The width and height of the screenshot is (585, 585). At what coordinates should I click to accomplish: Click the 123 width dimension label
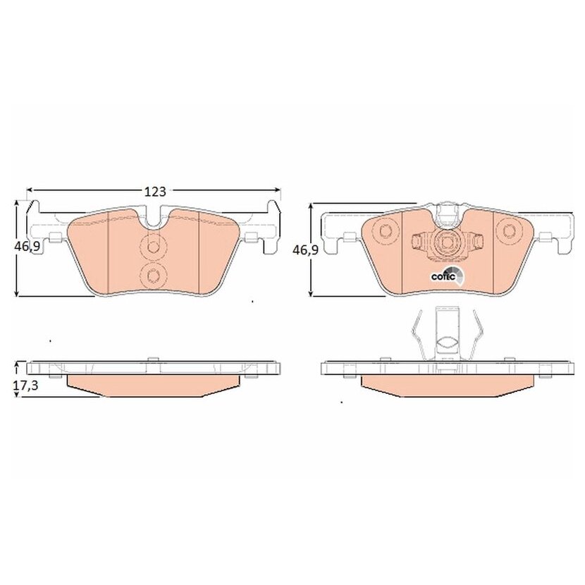[x=155, y=192]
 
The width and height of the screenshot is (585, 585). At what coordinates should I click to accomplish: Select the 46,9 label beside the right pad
[x=305, y=250]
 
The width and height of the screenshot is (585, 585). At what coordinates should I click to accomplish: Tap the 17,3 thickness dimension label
[x=26, y=386]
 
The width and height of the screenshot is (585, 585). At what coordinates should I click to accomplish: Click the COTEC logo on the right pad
[x=448, y=276]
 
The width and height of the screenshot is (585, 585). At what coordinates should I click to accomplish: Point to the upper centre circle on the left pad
[x=152, y=247]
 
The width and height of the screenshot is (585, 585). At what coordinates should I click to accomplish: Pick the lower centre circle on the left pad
[x=152, y=276]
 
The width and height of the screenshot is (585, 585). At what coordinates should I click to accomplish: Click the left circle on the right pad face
[x=384, y=231]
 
